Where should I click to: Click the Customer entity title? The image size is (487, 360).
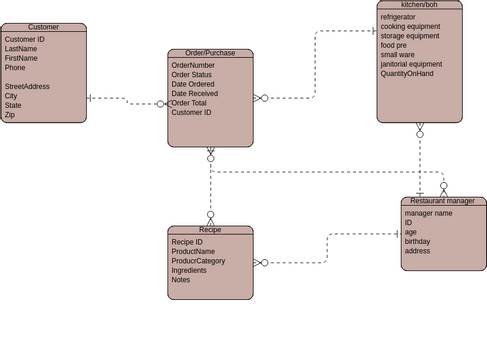point(43,27)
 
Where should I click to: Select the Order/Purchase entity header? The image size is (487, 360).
point(210,53)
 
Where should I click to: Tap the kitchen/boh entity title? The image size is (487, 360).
point(419,5)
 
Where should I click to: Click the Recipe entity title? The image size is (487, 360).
point(210,230)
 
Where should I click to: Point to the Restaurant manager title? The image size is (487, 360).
point(443,201)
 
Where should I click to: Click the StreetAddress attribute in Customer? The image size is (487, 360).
point(27,87)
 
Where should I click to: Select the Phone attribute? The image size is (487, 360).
point(15,68)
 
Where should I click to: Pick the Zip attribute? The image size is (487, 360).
point(10,115)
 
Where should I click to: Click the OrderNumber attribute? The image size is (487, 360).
point(193,65)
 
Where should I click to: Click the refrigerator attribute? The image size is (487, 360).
point(398,17)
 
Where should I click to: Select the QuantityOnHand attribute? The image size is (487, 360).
point(407,74)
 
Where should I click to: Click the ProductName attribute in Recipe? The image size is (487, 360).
point(193,251)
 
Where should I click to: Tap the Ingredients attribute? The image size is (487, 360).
point(189,270)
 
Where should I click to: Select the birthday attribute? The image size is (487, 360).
point(417,241)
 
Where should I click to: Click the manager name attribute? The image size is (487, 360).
point(428,213)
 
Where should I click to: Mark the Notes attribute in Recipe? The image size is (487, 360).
point(180,280)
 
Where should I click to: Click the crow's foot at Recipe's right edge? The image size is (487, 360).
point(259,263)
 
